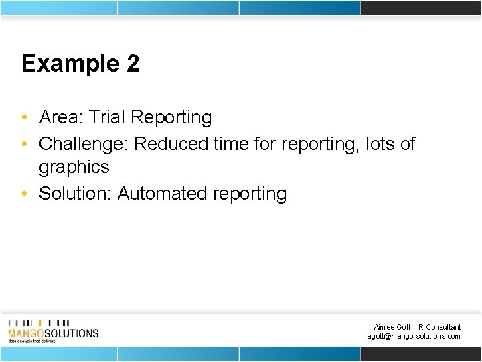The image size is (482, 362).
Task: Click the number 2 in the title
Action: [x=132, y=64]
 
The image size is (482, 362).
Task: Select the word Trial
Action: [x=107, y=117]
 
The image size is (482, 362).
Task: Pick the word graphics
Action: [x=74, y=167]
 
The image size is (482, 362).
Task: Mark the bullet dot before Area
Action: [x=24, y=118]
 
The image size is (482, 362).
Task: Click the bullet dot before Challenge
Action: [x=24, y=145]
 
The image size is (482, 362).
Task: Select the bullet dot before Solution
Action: [x=24, y=194]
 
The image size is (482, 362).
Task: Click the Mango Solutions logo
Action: [x=53, y=330]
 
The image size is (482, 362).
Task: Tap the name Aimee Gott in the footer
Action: [x=389, y=327]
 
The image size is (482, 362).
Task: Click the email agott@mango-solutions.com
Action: [x=414, y=336]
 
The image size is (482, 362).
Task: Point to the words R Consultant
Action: [x=439, y=327]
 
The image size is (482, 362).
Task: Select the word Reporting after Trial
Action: [x=171, y=117]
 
